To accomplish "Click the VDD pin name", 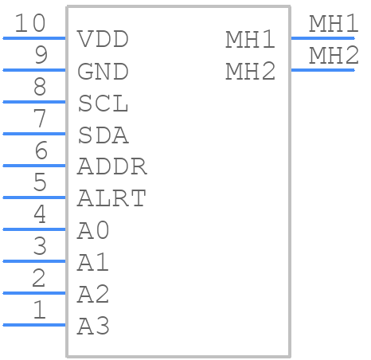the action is (103, 39).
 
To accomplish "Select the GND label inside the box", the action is (103, 71).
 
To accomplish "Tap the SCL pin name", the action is (103, 103).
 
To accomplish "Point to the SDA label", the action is (103, 135).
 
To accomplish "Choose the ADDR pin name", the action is (112, 166).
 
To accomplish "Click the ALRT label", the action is (111, 198).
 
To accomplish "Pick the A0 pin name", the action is (93, 230).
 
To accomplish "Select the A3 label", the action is (93, 326).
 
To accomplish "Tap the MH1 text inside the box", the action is (250, 39).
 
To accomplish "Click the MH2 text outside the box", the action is (334, 55).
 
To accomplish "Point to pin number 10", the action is (30, 23).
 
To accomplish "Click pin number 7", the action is (40, 119).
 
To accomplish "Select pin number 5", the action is (40, 182).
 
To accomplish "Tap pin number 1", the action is (40, 310).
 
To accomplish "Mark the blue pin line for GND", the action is (34, 70).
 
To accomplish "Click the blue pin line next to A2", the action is (34, 293).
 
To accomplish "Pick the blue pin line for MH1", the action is (322, 38).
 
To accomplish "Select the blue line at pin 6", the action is (34, 166).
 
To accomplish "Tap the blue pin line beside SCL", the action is (34, 102).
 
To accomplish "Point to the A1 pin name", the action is (93, 262).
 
